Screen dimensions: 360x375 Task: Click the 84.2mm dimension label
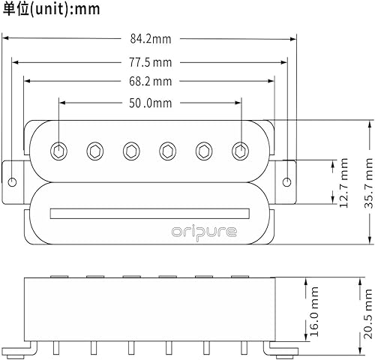pyautogui.click(x=150, y=40)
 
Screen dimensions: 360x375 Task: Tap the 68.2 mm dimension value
pyautogui.click(x=151, y=81)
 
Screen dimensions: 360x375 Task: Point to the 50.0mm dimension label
pyautogui.click(x=151, y=101)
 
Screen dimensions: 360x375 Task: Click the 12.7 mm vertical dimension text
pyautogui.click(x=344, y=181)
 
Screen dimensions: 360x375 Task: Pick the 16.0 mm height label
pyautogui.click(x=315, y=307)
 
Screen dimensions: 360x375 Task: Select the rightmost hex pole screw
pyautogui.click(x=240, y=150)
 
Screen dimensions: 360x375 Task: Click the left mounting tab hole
pyautogui.click(x=13, y=181)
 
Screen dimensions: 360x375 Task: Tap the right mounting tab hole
pyautogui.click(x=287, y=181)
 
